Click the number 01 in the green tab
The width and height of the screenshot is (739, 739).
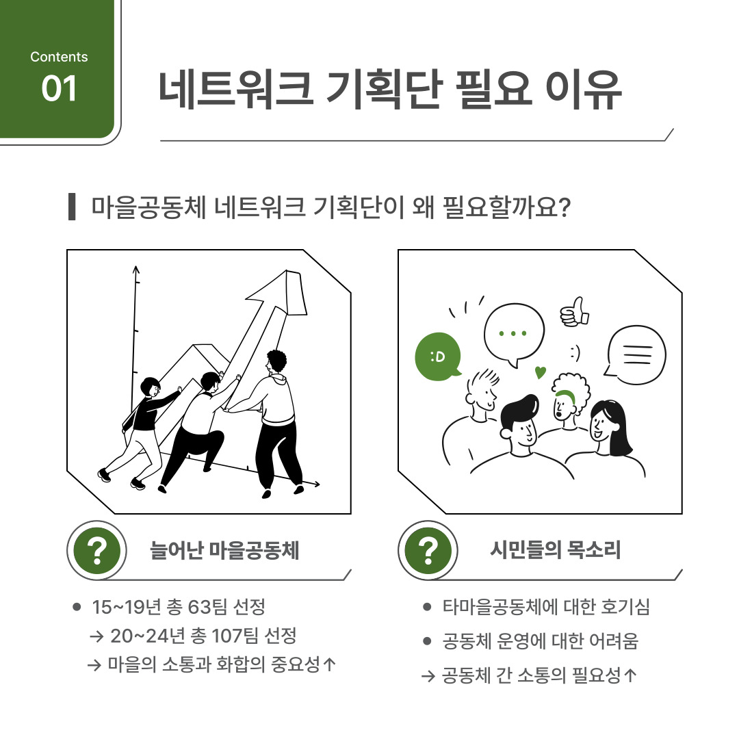click(59, 88)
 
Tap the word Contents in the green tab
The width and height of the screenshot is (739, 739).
click(59, 57)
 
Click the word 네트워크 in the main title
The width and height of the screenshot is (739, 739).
click(235, 90)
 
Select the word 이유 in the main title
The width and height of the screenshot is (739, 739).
click(584, 90)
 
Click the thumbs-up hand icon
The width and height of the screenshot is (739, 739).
click(575, 312)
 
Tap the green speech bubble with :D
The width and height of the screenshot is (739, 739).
click(438, 356)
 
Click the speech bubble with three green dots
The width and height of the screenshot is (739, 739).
click(514, 335)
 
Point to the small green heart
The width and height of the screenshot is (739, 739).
click(540, 372)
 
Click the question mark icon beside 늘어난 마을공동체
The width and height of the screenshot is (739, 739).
click(97, 550)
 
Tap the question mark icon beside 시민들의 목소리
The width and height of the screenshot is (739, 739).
click(428, 550)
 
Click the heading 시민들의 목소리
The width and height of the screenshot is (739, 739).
click(555, 549)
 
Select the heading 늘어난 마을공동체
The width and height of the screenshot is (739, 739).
click(224, 550)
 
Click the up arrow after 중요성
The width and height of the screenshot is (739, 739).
click(329, 664)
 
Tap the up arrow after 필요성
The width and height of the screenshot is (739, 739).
click(630, 675)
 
